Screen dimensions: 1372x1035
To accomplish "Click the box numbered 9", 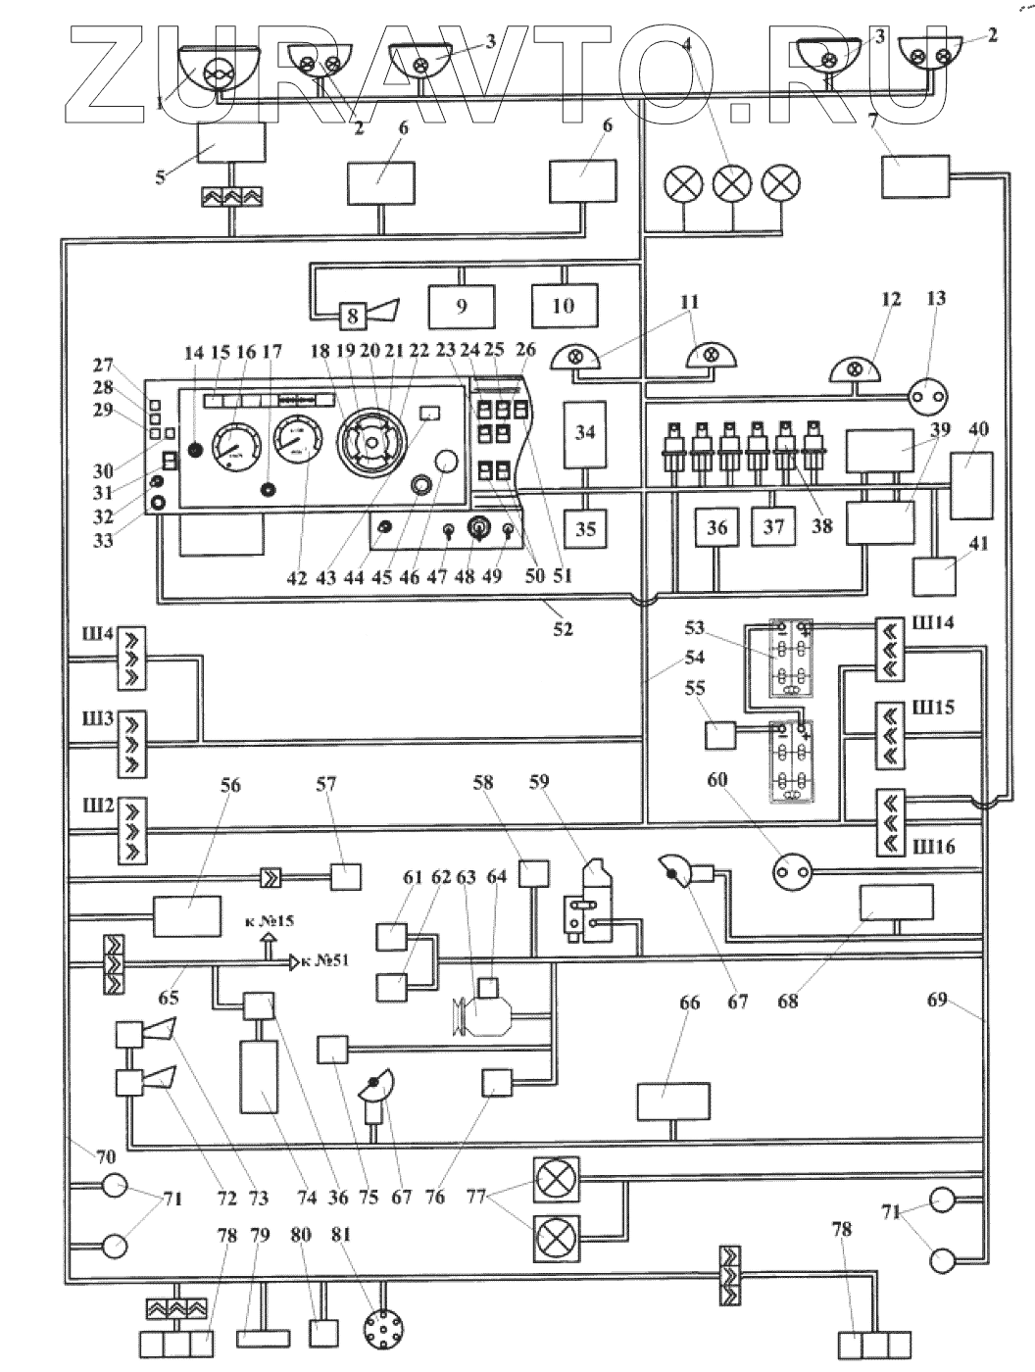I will (x=462, y=306).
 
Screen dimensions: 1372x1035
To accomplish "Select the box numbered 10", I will (x=564, y=306).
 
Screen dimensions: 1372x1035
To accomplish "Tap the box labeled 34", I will (x=585, y=431).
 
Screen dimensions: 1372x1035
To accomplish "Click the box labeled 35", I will (x=585, y=528).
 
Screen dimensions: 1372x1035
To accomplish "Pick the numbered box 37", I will (x=774, y=526).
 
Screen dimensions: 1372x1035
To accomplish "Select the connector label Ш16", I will (x=932, y=845).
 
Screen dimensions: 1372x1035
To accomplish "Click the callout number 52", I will (x=562, y=629).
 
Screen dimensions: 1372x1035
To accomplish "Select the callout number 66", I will (x=690, y=1003).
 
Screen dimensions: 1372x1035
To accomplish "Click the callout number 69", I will (x=938, y=1001).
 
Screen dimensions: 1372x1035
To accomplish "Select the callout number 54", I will (x=694, y=657).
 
